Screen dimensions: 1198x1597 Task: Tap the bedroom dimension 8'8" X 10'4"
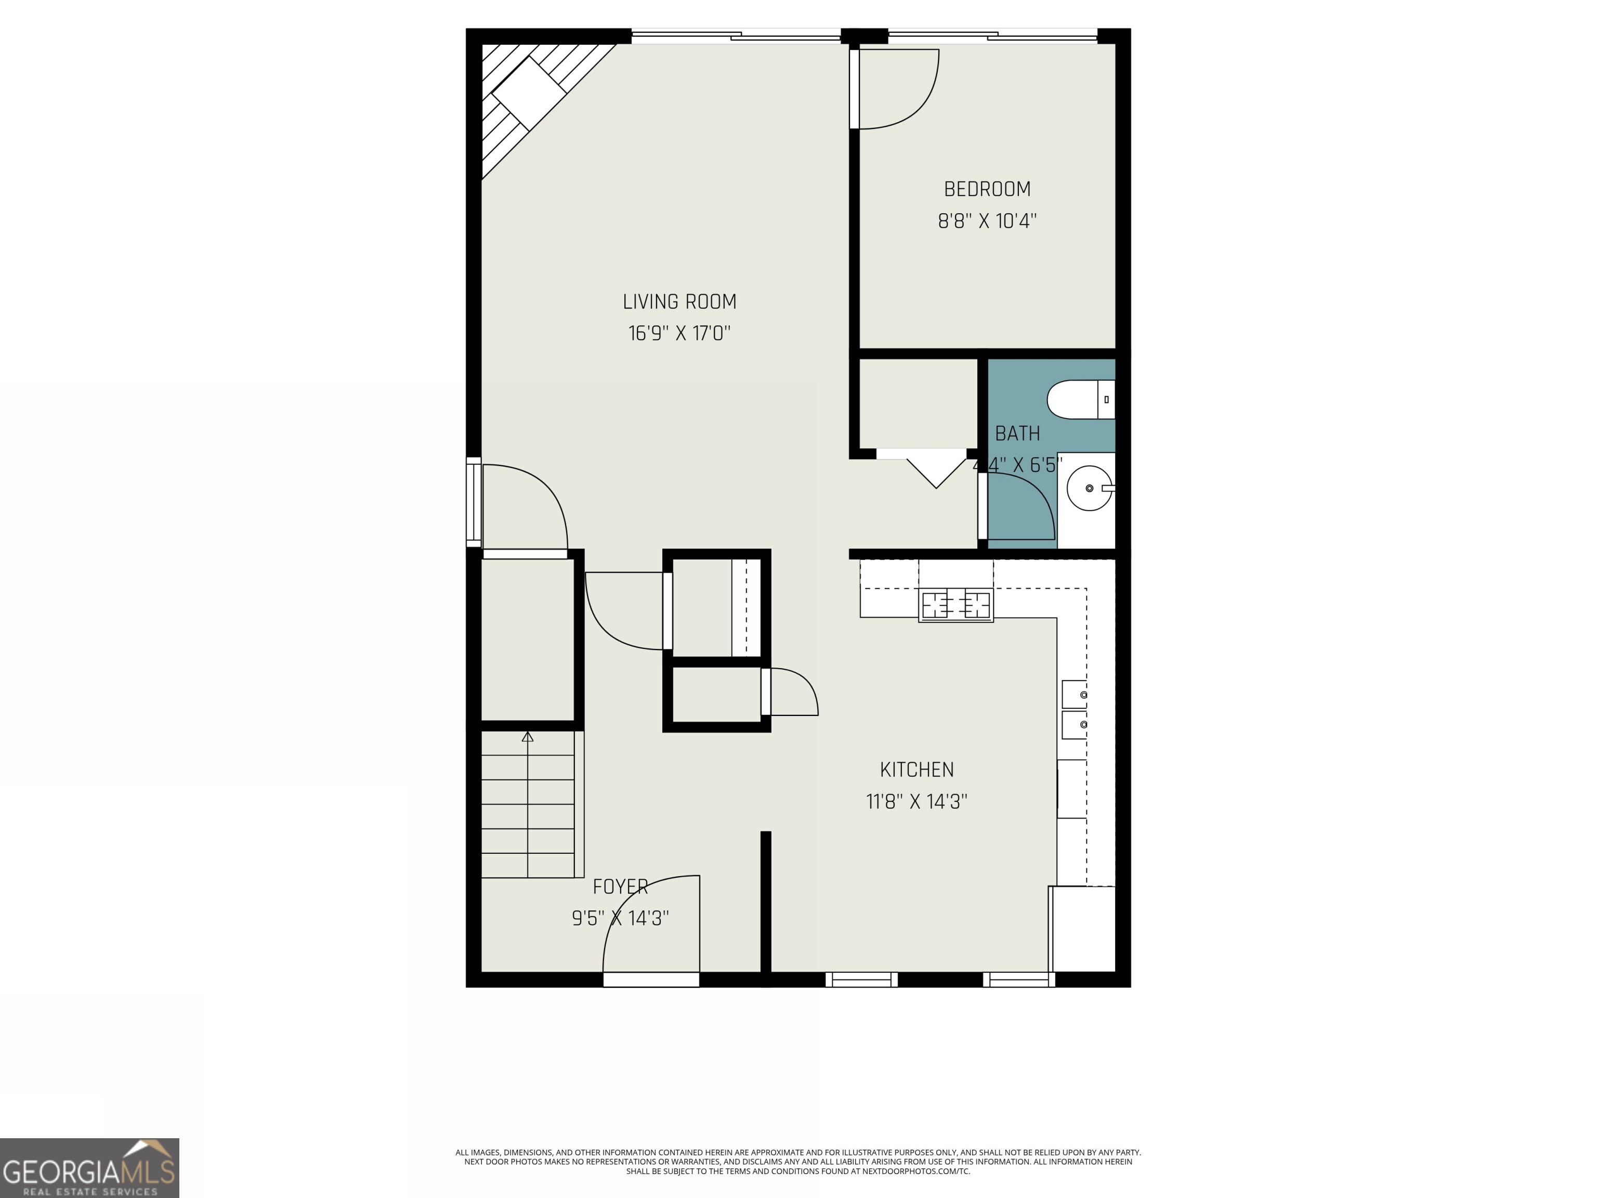[987, 221]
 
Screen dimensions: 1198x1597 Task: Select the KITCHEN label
[916, 770]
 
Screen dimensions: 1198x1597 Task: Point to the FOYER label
[620, 887]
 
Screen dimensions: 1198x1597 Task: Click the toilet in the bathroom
[1079, 399]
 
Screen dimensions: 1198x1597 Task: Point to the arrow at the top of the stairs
[528, 737]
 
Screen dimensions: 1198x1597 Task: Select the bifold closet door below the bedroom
[936, 470]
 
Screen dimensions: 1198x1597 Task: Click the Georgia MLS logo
[89, 1168]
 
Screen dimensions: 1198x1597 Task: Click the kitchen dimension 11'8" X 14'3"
[916, 802]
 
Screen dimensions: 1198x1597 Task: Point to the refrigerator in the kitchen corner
[1082, 929]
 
